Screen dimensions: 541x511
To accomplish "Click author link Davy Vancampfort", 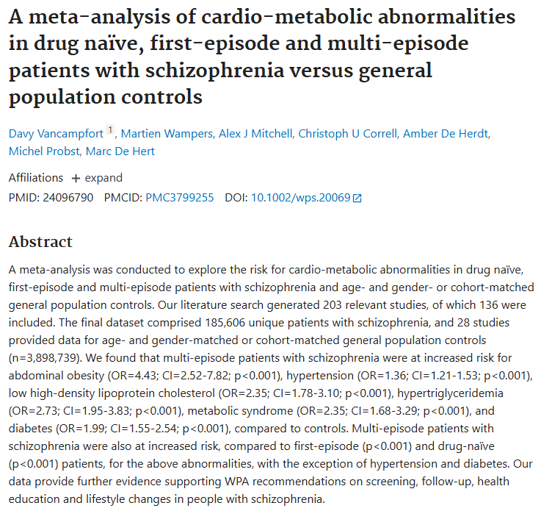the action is [56, 134].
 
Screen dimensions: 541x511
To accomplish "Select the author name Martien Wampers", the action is [167, 134].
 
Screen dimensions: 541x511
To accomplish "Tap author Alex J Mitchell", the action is [255, 134].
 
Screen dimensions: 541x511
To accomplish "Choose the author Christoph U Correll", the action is [348, 134].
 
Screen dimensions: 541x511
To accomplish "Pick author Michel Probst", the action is [44, 151].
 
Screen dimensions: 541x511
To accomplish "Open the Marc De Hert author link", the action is [120, 151].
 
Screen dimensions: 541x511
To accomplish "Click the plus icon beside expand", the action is [76, 178].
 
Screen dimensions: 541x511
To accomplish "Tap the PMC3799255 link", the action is [180, 198].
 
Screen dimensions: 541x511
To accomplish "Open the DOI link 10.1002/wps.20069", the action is [301, 198].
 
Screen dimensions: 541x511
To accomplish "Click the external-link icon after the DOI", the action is [357, 198].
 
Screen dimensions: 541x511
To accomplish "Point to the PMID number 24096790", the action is [68, 198].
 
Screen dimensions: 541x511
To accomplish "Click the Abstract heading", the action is [40, 242].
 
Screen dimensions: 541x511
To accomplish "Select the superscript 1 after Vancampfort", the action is [110, 130].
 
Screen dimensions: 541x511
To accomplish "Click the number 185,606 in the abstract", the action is [225, 323].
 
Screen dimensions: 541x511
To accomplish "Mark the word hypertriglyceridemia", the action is [450, 393].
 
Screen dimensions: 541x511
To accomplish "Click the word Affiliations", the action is [36, 178].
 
